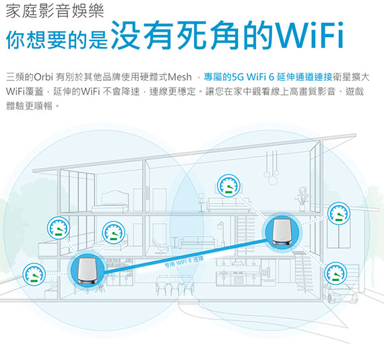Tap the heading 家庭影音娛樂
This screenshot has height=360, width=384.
(55, 11)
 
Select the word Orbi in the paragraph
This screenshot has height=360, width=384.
(43, 77)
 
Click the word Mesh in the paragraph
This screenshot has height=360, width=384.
(179, 77)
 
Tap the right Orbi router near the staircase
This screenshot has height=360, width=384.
(282, 232)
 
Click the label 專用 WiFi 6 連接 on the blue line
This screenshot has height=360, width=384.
(184, 262)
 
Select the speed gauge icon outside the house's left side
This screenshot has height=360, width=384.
(34, 274)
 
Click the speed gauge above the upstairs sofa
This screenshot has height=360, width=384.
(229, 185)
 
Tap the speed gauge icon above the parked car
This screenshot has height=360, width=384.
(335, 273)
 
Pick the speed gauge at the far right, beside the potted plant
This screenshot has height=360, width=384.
(339, 214)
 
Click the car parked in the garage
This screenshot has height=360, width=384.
(340, 293)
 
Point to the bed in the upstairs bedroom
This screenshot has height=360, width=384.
(110, 202)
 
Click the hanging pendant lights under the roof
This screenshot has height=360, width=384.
(271, 168)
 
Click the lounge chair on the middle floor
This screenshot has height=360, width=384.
(160, 246)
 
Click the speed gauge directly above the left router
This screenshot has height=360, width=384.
(114, 233)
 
